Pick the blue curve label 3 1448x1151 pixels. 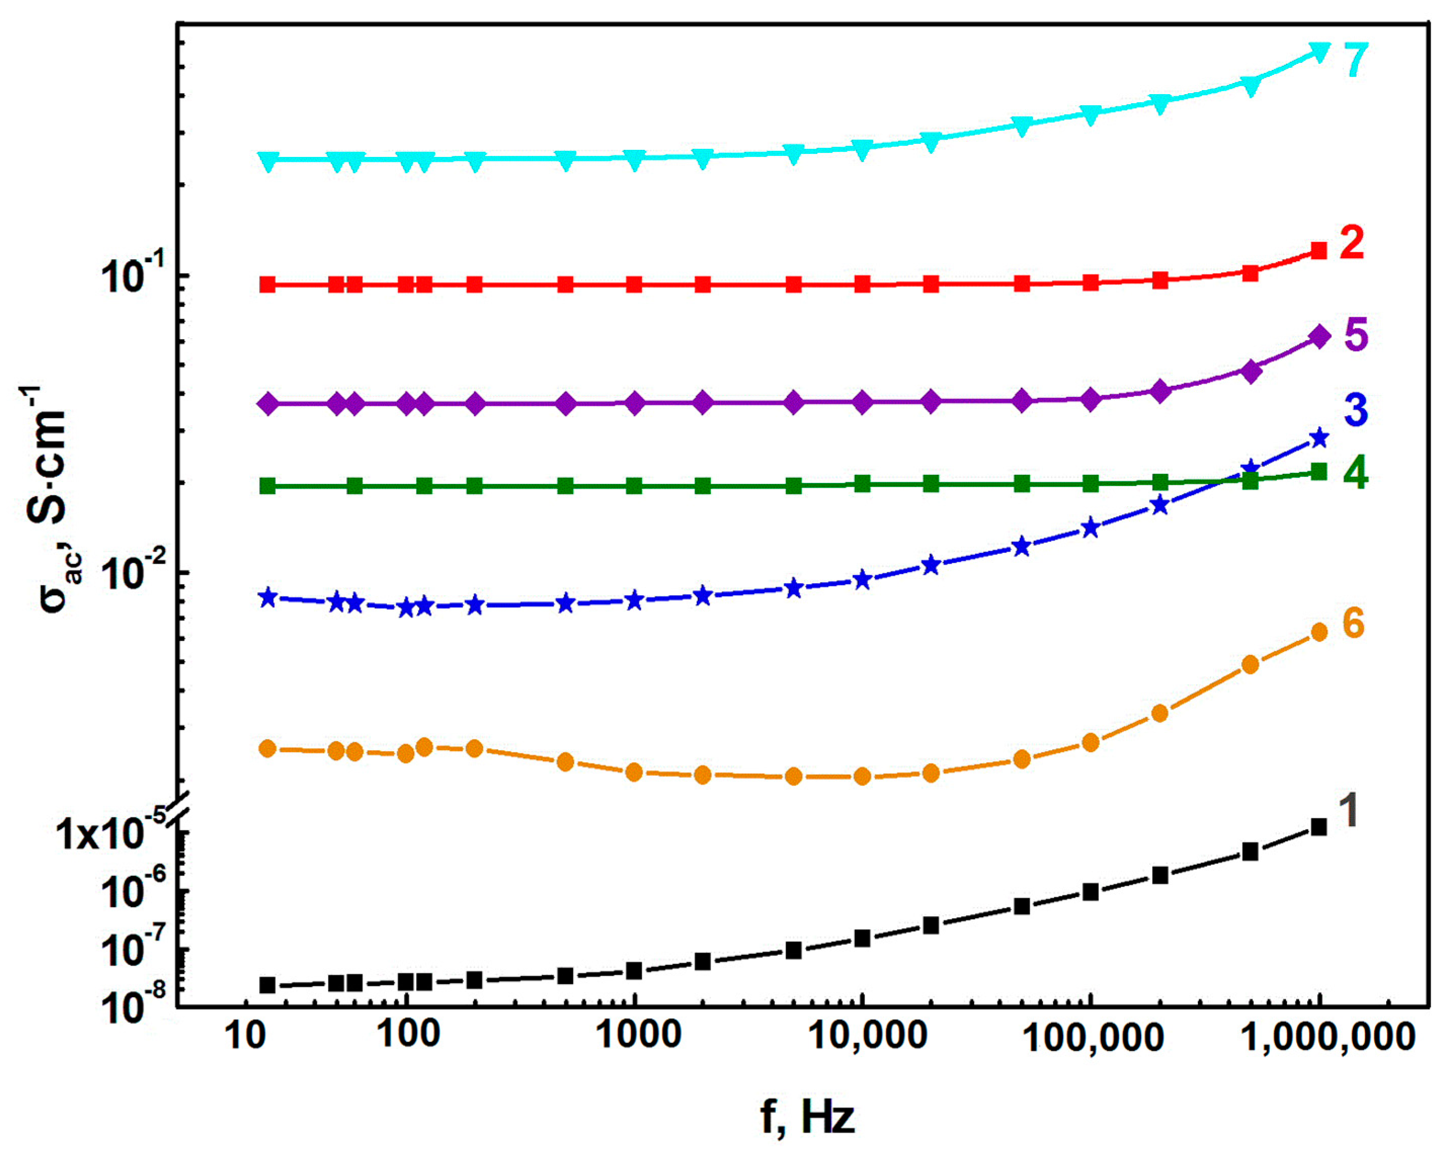tap(1356, 409)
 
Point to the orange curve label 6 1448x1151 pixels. tap(1353, 623)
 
